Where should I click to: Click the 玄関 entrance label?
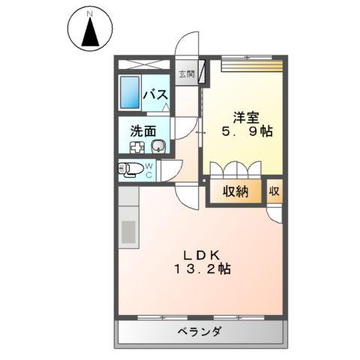click(186, 73)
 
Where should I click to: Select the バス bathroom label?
click(155, 94)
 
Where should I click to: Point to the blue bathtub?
click(130, 93)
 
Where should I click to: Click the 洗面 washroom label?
click(142, 130)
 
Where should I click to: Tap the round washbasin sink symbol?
click(157, 145)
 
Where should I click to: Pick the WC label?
click(149, 170)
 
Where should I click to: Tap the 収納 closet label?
click(235, 191)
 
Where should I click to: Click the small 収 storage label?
click(275, 191)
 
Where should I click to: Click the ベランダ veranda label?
click(199, 331)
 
